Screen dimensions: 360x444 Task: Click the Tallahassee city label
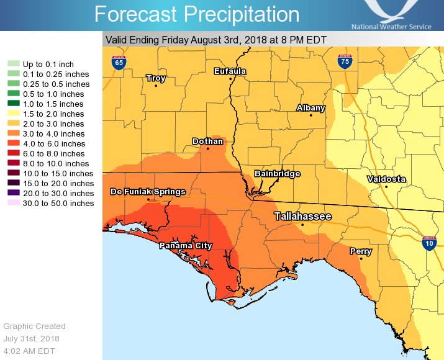coord(303,216)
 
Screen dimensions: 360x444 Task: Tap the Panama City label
coord(186,246)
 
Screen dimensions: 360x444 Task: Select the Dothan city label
coord(207,142)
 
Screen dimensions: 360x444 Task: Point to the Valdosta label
coord(386,179)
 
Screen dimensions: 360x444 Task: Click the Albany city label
coord(310,108)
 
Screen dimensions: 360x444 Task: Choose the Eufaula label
coord(230,71)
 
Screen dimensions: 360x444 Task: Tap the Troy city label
coord(155,78)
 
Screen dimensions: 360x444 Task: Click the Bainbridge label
coord(278,174)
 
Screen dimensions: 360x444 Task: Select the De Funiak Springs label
coord(148,192)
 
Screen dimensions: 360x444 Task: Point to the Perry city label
coord(361,251)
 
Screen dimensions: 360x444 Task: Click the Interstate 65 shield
coord(117,62)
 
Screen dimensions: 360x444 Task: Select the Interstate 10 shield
coord(429,243)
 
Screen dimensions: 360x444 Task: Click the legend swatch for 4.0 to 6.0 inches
coord(13,144)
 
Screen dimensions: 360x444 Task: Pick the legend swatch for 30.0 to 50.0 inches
coord(13,204)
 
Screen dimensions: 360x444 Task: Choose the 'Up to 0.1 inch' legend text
coord(48,65)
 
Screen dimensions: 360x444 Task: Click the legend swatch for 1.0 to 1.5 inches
coord(13,104)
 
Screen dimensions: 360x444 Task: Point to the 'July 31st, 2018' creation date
coord(32,339)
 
